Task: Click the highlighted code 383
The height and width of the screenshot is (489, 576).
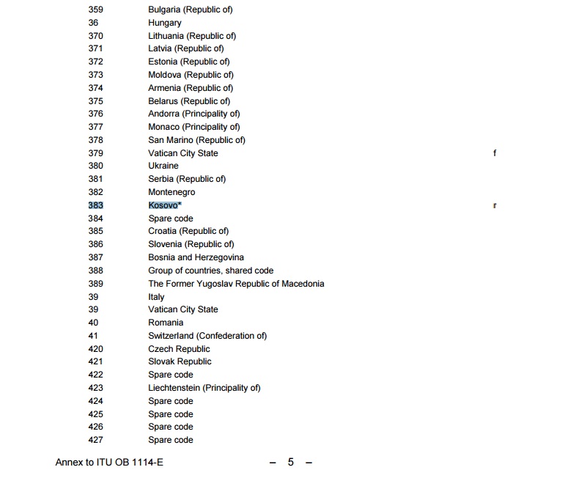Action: (95, 205)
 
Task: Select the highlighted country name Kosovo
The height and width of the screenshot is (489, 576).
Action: (164, 205)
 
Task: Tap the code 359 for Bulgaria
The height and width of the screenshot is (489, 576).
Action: (95, 10)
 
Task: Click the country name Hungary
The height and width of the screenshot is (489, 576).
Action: (165, 23)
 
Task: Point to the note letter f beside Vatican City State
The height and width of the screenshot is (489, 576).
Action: (495, 153)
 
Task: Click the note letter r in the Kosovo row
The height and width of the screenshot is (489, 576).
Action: (495, 205)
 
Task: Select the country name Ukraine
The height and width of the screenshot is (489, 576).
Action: (163, 166)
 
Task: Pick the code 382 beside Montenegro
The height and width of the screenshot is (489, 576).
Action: (95, 192)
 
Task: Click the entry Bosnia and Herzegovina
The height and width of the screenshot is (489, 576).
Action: (196, 257)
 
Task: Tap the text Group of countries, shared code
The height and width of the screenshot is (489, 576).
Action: (210, 271)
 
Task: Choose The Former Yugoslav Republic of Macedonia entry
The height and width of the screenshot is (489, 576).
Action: (236, 284)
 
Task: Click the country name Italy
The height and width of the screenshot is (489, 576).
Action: (156, 297)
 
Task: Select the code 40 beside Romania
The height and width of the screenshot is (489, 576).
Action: (93, 323)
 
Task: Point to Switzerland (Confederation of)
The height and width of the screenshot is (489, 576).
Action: (207, 336)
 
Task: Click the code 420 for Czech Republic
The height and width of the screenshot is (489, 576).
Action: (95, 349)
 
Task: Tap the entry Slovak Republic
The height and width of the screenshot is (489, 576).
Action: (180, 361)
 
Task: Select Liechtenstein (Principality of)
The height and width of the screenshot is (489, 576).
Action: (204, 388)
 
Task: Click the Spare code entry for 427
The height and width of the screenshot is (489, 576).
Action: (171, 440)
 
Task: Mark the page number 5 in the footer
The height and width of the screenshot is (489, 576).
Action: (290, 463)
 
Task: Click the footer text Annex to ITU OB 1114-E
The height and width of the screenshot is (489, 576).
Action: (109, 463)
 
